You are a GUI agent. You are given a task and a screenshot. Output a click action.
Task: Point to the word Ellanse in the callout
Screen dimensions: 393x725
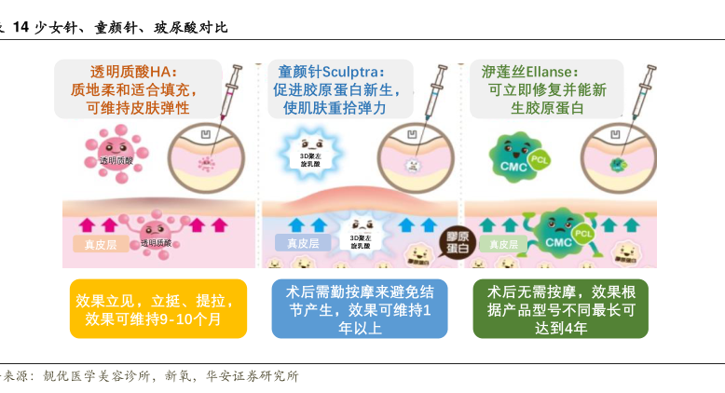pyautogui.click(x=557, y=72)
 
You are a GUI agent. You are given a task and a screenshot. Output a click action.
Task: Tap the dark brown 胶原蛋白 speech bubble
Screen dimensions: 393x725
pyautogui.click(x=457, y=240)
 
